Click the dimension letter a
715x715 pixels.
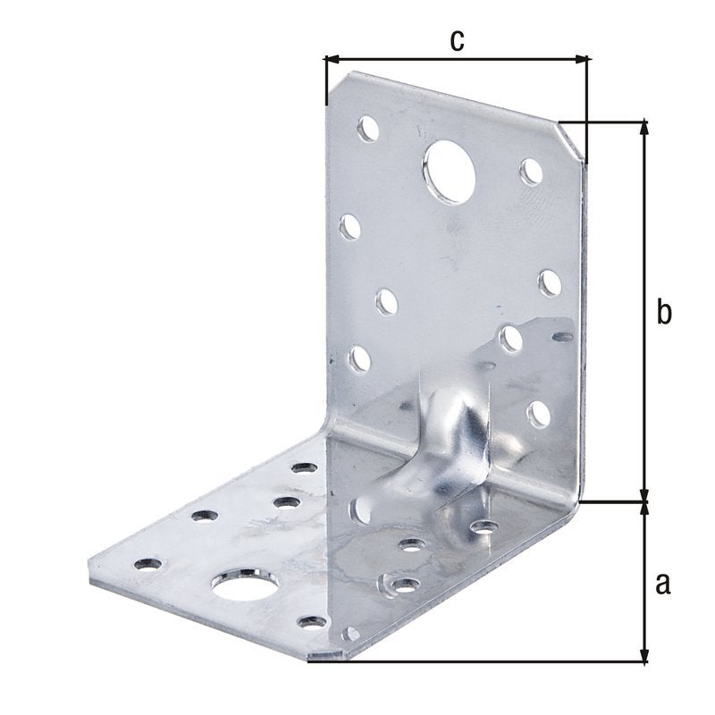tap(661, 584)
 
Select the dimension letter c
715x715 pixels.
tap(457, 40)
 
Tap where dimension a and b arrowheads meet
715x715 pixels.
tap(643, 502)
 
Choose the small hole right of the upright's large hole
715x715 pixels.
tap(531, 171)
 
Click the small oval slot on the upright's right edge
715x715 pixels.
tap(563, 337)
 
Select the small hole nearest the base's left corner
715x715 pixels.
tap(147, 564)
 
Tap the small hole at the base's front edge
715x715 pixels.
tap(309, 621)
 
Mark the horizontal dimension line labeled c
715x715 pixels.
tap(457, 60)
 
